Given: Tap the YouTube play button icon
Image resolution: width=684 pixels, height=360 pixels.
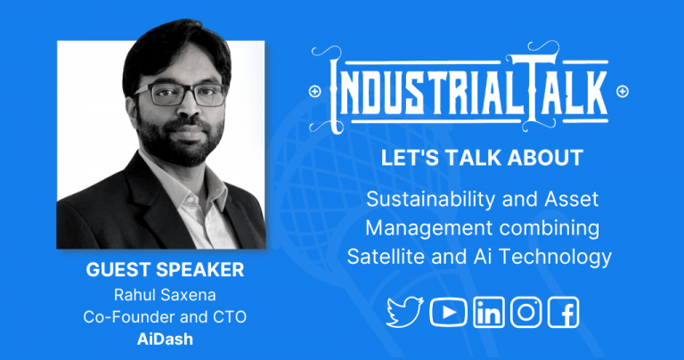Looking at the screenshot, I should click(x=448, y=312).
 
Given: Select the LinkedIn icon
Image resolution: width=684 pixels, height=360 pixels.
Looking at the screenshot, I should click(x=488, y=312).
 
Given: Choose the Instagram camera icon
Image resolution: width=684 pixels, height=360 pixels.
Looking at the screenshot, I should click(x=526, y=312).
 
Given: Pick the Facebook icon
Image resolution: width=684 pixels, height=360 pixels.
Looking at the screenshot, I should click(x=564, y=312).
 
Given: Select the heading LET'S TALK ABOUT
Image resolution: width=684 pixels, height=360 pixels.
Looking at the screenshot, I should click(x=482, y=159).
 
